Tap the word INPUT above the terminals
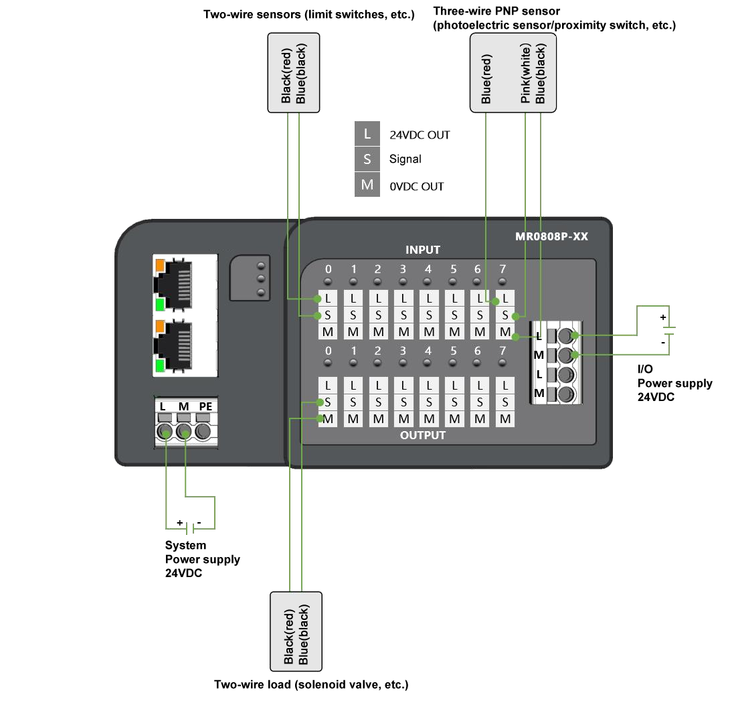pyautogui.click(x=423, y=250)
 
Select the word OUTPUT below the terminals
pyautogui.click(x=423, y=435)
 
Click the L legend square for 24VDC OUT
pyautogui.click(x=367, y=134)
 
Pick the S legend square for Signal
pyautogui.click(x=367, y=159)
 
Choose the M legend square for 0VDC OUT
pyautogui.click(x=367, y=185)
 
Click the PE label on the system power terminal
pyautogui.click(x=205, y=406)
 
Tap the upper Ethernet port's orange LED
pyautogui.click(x=160, y=265)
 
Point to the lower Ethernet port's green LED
pyautogui.click(x=160, y=366)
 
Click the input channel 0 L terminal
pyautogui.click(x=328, y=298)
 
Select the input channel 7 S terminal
pyautogui.click(x=505, y=315)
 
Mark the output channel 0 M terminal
pyautogui.click(x=328, y=419)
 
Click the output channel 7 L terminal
pyautogui.click(x=505, y=386)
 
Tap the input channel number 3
pyautogui.click(x=403, y=269)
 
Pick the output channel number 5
pyautogui.click(x=454, y=351)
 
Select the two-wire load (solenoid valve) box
pyautogui.click(x=296, y=631)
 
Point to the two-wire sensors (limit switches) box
pyautogui.click(x=293, y=73)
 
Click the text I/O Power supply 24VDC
pyautogui.click(x=674, y=383)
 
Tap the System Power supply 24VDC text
pyautogui.click(x=202, y=559)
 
